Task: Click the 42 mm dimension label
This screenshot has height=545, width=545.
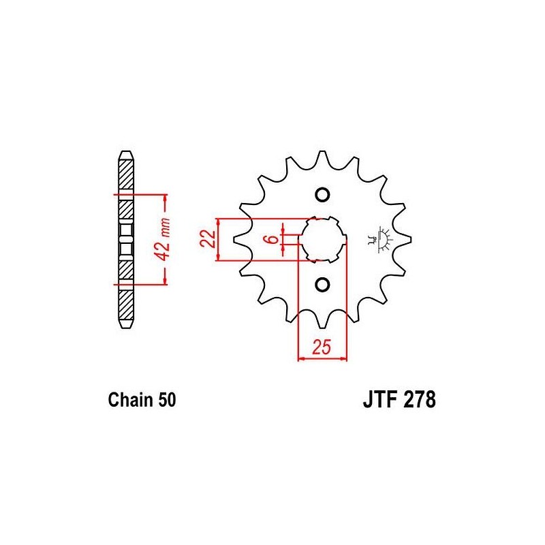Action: pyautogui.click(x=163, y=239)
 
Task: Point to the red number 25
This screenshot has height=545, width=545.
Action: pyautogui.click(x=322, y=347)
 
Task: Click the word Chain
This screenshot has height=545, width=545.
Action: pyautogui.click(x=131, y=400)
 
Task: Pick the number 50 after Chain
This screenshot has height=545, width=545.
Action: pyautogui.click(x=167, y=400)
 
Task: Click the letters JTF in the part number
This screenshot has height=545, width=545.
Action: pyautogui.click(x=379, y=400)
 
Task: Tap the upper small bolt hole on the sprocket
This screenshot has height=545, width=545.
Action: pyautogui.click(x=322, y=195)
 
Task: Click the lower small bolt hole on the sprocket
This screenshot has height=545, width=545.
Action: pyautogui.click(x=322, y=285)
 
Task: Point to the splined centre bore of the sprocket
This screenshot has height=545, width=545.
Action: pyautogui.click(x=323, y=240)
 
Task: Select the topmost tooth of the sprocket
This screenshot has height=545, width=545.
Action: pyautogui.click(x=322, y=158)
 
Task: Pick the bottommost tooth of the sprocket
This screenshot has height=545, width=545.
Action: pyautogui.click(x=322, y=320)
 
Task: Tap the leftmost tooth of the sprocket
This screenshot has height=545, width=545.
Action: pyautogui.click(x=240, y=240)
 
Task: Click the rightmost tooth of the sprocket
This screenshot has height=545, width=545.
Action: pyautogui.click(x=404, y=240)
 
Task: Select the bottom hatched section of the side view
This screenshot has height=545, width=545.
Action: pyautogui.click(x=126, y=305)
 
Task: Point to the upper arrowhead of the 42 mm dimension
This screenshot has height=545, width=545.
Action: pyautogui.click(x=165, y=200)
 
